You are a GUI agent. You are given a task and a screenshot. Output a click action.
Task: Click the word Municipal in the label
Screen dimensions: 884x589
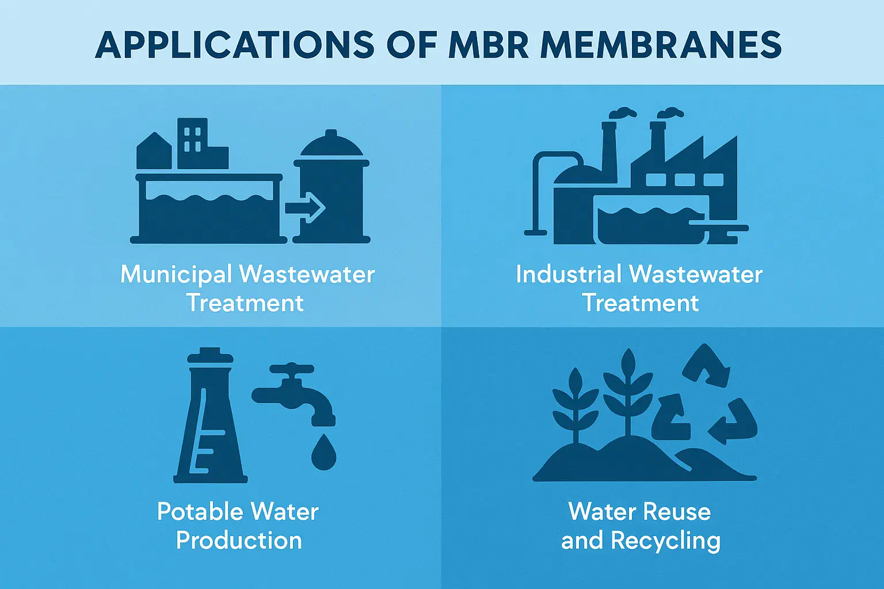176,275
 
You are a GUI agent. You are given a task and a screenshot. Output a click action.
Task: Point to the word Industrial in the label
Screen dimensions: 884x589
569,274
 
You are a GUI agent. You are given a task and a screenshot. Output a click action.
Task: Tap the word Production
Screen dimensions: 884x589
239,541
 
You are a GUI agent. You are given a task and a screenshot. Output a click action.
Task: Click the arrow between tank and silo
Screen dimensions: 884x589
305,208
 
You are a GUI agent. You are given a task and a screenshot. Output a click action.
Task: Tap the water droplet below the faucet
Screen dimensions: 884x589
323,452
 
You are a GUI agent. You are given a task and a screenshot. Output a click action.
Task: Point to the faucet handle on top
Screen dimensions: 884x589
292,369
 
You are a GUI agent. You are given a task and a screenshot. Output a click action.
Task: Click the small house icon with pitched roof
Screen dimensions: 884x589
154,151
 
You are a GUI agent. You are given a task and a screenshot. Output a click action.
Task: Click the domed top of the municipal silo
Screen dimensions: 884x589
331,144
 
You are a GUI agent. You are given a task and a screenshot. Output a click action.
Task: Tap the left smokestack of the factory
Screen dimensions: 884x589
609,152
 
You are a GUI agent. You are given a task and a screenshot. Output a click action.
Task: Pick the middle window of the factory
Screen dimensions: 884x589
685,179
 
